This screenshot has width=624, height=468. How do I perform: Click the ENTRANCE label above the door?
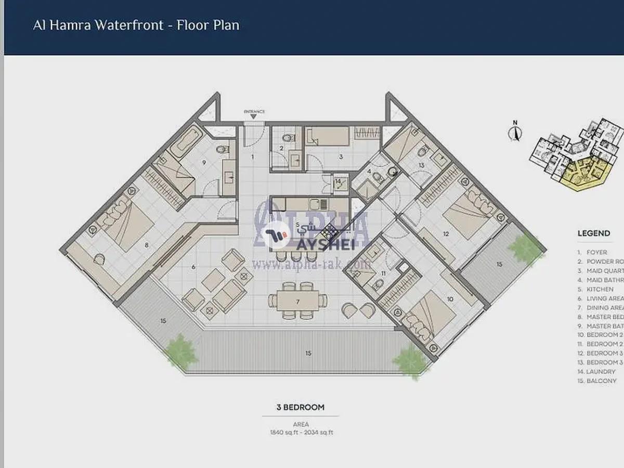[254, 111]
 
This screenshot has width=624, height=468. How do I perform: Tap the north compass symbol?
[515, 132]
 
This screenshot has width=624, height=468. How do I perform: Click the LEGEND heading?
[593, 233]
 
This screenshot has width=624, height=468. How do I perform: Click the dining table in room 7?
[298, 301]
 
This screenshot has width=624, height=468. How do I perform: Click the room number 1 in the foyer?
[253, 156]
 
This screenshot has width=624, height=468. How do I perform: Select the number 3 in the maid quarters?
[341, 156]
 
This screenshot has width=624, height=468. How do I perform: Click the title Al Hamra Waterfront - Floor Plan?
[136, 25]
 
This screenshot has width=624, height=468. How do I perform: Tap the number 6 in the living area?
[193, 267]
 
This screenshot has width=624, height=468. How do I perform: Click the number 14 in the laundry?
[338, 181]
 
